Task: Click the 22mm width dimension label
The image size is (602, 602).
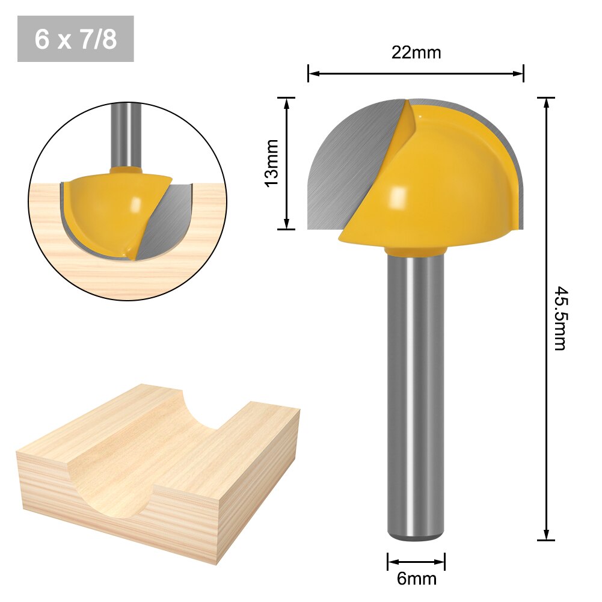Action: pyautogui.click(x=416, y=53)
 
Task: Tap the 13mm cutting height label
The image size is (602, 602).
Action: pyautogui.click(x=272, y=162)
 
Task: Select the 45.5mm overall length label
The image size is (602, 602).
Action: pyautogui.click(x=560, y=318)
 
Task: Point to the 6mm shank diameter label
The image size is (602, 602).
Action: pyautogui.click(x=416, y=579)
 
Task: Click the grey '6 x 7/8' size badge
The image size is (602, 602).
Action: pyautogui.click(x=76, y=39)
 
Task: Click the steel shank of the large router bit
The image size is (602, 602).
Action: pyautogui.click(x=416, y=391)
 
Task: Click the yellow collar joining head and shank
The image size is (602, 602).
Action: pyautogui.click(x=416, y=250)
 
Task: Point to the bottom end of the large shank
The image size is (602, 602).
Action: pyautogui.click(x=416, y=535)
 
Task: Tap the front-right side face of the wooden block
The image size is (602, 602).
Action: pyautogui.click(x=259, y=487)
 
